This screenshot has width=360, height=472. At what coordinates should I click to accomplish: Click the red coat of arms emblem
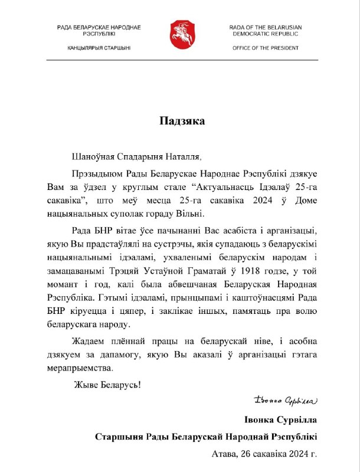coord(180,35)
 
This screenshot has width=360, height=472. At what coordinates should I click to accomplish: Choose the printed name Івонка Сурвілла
coord(280,420)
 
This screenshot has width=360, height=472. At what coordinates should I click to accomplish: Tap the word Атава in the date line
coord(225,454)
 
